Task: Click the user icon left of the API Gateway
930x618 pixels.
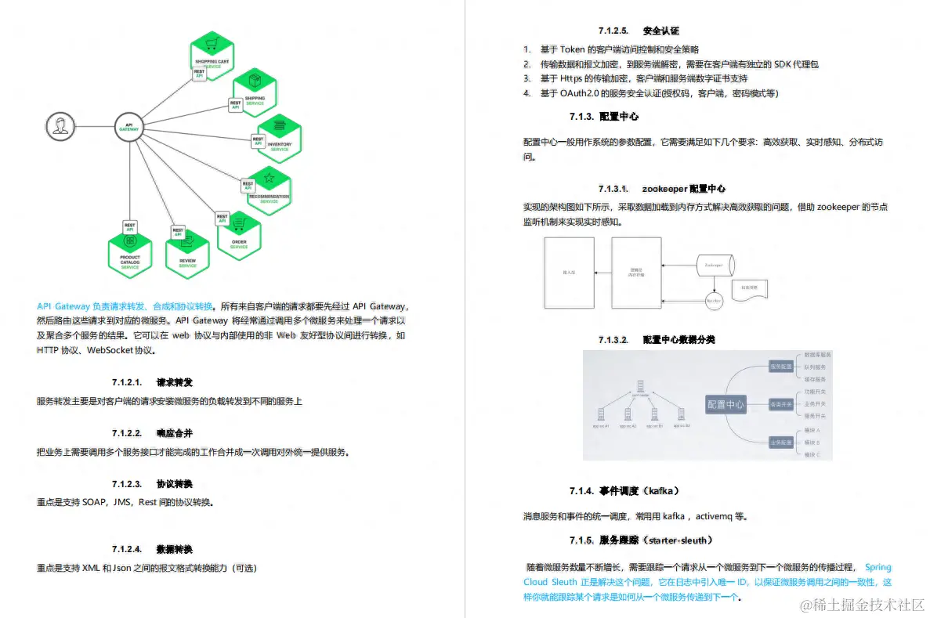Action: [x=57, y=126]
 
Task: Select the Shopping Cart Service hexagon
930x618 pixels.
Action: [x=212, y=49]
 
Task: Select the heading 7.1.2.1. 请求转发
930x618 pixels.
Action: [x=152, y=383]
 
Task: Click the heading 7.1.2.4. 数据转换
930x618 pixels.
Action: [x=152, y=549]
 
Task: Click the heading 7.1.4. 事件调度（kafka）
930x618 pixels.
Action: [x=624, y=491]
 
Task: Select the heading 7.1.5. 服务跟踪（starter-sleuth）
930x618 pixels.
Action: [x=641, y=540]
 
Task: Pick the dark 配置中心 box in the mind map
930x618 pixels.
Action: [x=726, y=404]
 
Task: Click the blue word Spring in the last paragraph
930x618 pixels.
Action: [x=878, y=567]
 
